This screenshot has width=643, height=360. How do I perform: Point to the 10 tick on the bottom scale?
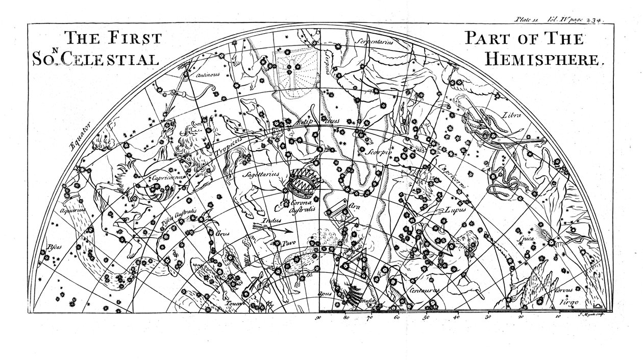pos(557,317)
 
